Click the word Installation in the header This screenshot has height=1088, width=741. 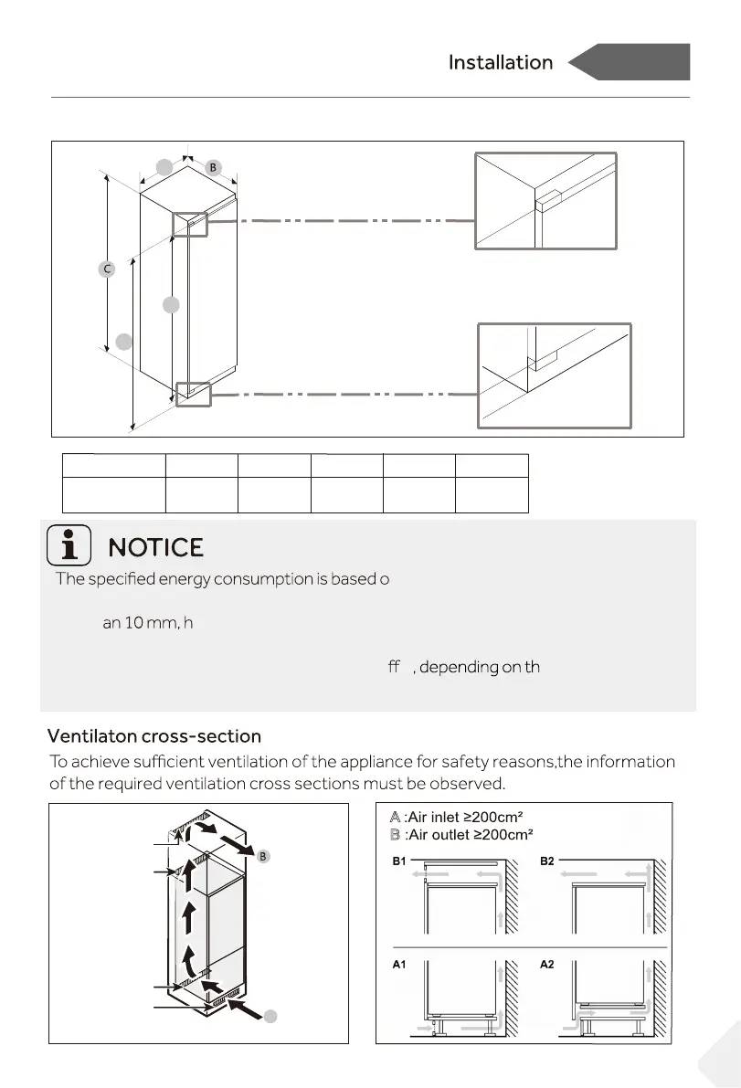pyautogui.click(x=500, y=63)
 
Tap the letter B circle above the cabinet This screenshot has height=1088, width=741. pyautogui.click(x=212, y=168)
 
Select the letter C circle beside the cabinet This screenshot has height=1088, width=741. pyautogui.click(x=107, y=269)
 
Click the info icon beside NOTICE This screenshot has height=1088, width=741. pyautogui.click(x=69, y=546)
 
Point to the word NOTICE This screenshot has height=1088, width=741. pyautogui.click(x=156, y=547)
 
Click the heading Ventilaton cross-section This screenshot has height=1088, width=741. pyautogui.click(x=153, y=736)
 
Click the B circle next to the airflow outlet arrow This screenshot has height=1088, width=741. pyautogui.click(x=262, y=857)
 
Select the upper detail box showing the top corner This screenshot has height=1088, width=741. pyautogui.click(x=545, y=200)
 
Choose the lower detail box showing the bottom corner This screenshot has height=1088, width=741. pyautogui.click(x=555, y=375)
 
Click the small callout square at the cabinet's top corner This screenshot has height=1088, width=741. pyautogui.click(x=190, y=225)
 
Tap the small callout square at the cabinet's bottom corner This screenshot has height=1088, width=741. pyautogui.click(x=194, y=394)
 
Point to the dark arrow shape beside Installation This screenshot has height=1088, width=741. pyautogui.click(x=629, y=63)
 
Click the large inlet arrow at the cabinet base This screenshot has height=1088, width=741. pyautogui.click(x=244, y=1006)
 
